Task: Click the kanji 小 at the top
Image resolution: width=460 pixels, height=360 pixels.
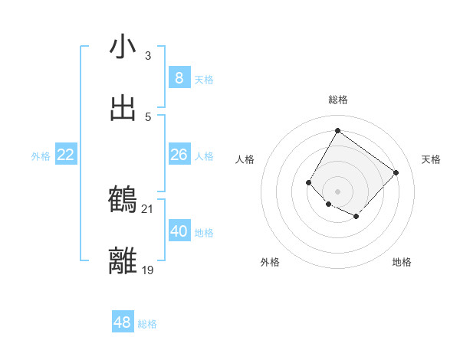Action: [x=123, y=47]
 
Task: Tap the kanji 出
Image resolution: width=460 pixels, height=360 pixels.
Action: [x=123, y=109]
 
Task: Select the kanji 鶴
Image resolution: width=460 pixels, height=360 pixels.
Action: [x=123, y=200]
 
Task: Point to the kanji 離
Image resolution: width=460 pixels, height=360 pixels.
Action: [x=123, y=261]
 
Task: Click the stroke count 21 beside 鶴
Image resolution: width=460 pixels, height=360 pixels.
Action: [x=148, y=208]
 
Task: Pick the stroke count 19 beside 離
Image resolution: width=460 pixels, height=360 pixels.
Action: [x=148, y=270]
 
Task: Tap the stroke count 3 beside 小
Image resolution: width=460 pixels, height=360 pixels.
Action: [x=148, y=55]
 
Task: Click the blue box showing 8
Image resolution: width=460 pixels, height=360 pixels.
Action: [x=179, y=78]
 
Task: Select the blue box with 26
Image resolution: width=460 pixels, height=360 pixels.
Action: [x=179, y=155]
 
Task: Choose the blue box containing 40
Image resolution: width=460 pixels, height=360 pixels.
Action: [x=179, y=231]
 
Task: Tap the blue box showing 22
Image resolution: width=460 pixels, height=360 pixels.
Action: [x=66, y=155]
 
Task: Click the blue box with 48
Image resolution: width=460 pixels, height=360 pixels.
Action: [x=123, y=322]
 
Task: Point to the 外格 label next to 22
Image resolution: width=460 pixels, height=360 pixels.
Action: [x=41, y=156]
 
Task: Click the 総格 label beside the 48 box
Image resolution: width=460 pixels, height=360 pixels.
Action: [x=147, y=324]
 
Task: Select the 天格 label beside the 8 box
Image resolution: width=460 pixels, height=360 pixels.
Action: [x=204, y=80]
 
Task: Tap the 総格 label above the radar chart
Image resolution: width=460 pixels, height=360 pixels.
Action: [x=337, y=100]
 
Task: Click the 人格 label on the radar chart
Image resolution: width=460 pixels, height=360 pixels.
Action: [x=245, y=159]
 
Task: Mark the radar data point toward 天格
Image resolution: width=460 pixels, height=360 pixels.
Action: [x=396, y=172]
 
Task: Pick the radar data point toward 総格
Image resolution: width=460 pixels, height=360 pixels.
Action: [x=337, y=131]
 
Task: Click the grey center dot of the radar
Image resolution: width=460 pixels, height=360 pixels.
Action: [x=337, y=191]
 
